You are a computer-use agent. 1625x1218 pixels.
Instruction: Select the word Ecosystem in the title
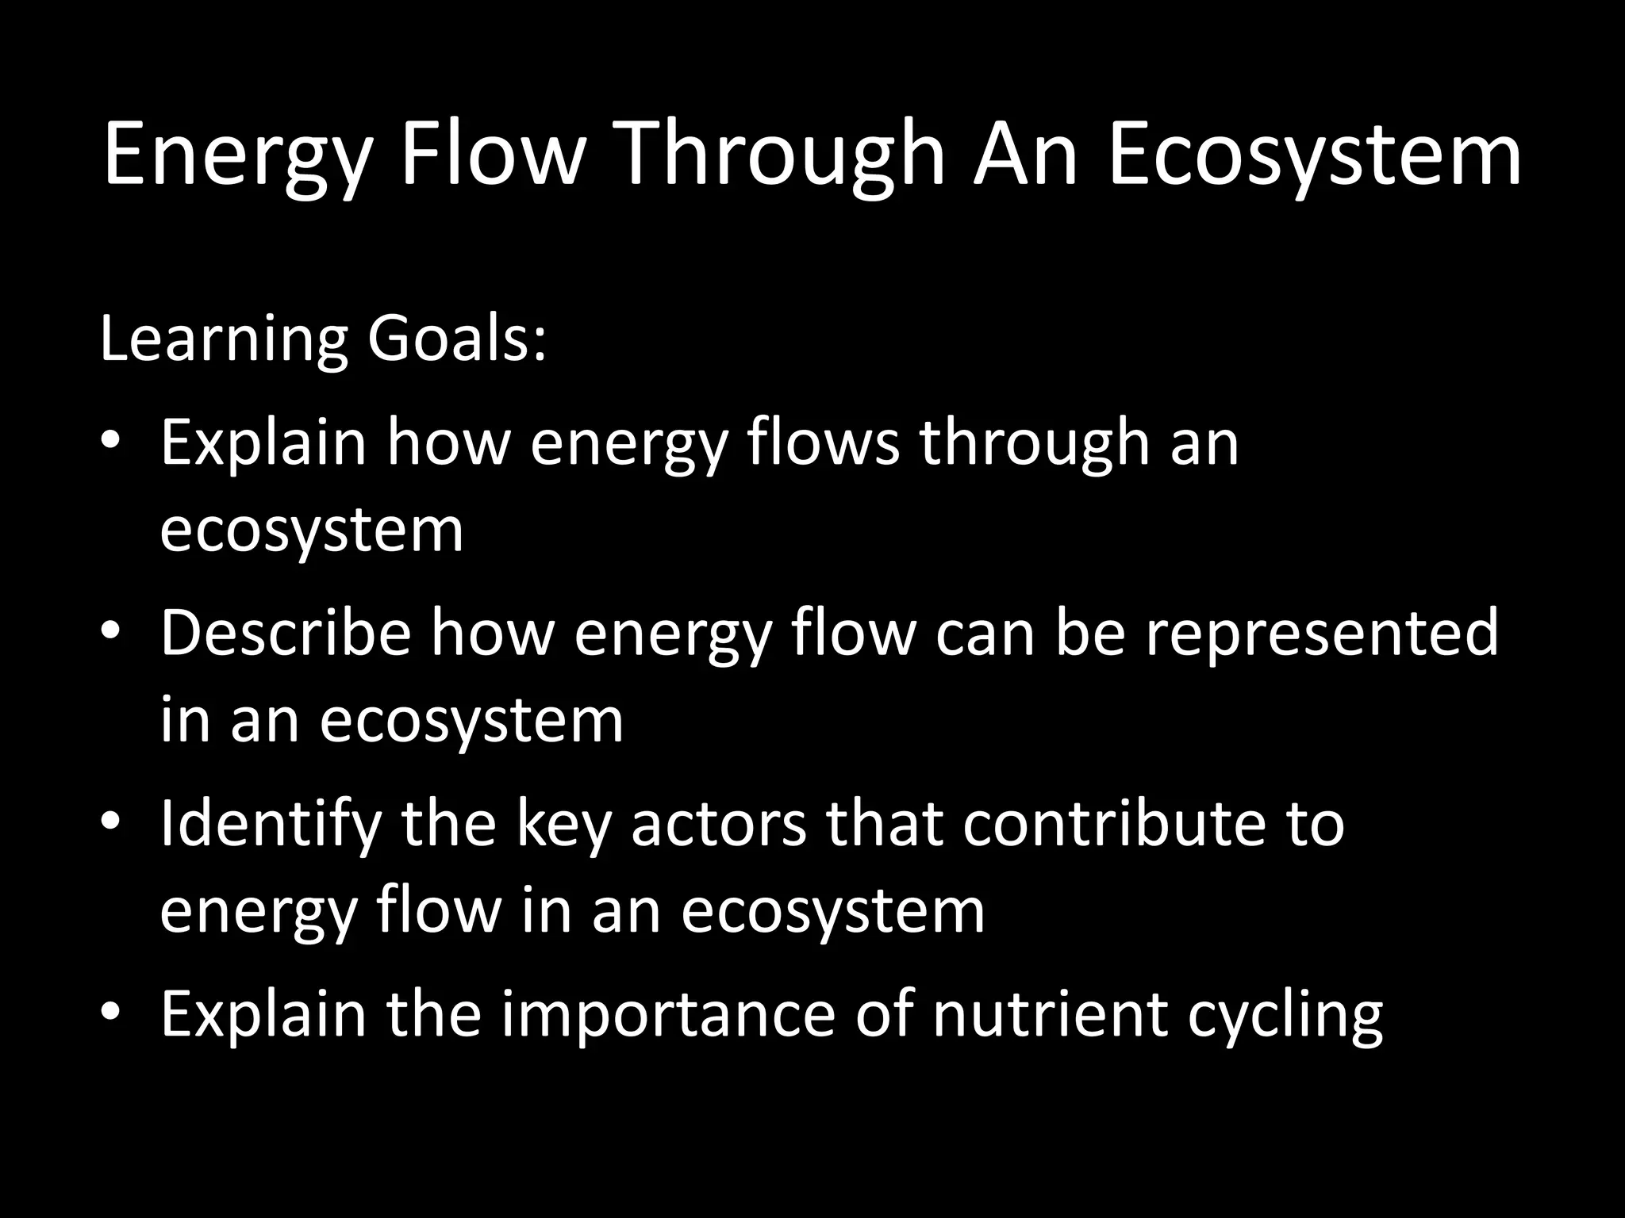(x=1314, y=155)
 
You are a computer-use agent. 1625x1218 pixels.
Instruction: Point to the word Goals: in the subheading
(x=456, y=341)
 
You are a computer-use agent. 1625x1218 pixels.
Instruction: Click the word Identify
(x=271, y=825)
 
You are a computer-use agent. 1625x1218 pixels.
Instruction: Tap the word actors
(x=717, y=825)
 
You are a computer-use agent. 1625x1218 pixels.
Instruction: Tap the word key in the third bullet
(x=564, y=825)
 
